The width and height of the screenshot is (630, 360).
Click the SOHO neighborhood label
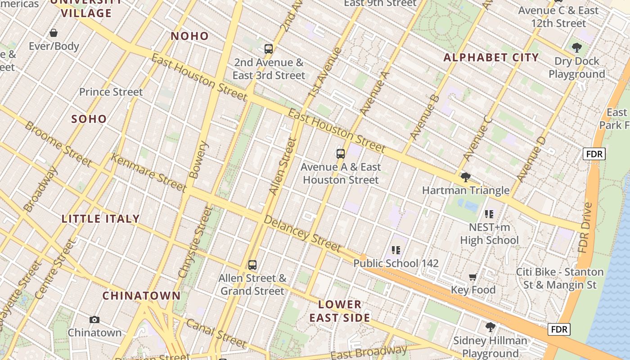[x=89, y=119]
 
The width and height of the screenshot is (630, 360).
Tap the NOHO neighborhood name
[x=189, y=36]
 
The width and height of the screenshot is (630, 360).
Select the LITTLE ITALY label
[x=101, y=219]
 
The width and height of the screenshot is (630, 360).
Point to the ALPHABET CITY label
[x=491, y=57]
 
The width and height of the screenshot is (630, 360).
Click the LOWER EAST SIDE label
[x=340, y=311]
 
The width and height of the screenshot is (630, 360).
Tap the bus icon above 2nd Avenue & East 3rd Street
[x=269, y=49]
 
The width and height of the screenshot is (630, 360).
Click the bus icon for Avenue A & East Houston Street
[x=341, y=154]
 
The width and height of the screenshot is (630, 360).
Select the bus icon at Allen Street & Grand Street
[x=252, y=265]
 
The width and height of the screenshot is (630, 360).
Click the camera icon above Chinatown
[x=94, y=319]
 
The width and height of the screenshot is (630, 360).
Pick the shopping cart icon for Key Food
[x=473, y=277]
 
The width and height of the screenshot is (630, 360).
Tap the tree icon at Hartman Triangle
[x=466, y=177]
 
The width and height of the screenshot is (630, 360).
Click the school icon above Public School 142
[x=396, y=250]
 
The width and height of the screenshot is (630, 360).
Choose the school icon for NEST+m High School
[x=489, y=214]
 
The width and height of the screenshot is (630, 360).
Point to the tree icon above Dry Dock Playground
[x=576, y=47]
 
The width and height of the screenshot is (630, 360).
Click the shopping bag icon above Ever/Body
[x=54, y=33]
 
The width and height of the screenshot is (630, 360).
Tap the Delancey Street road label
[x=302, y=234]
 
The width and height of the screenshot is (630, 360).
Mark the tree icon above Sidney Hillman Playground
[x=490, y=327]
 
